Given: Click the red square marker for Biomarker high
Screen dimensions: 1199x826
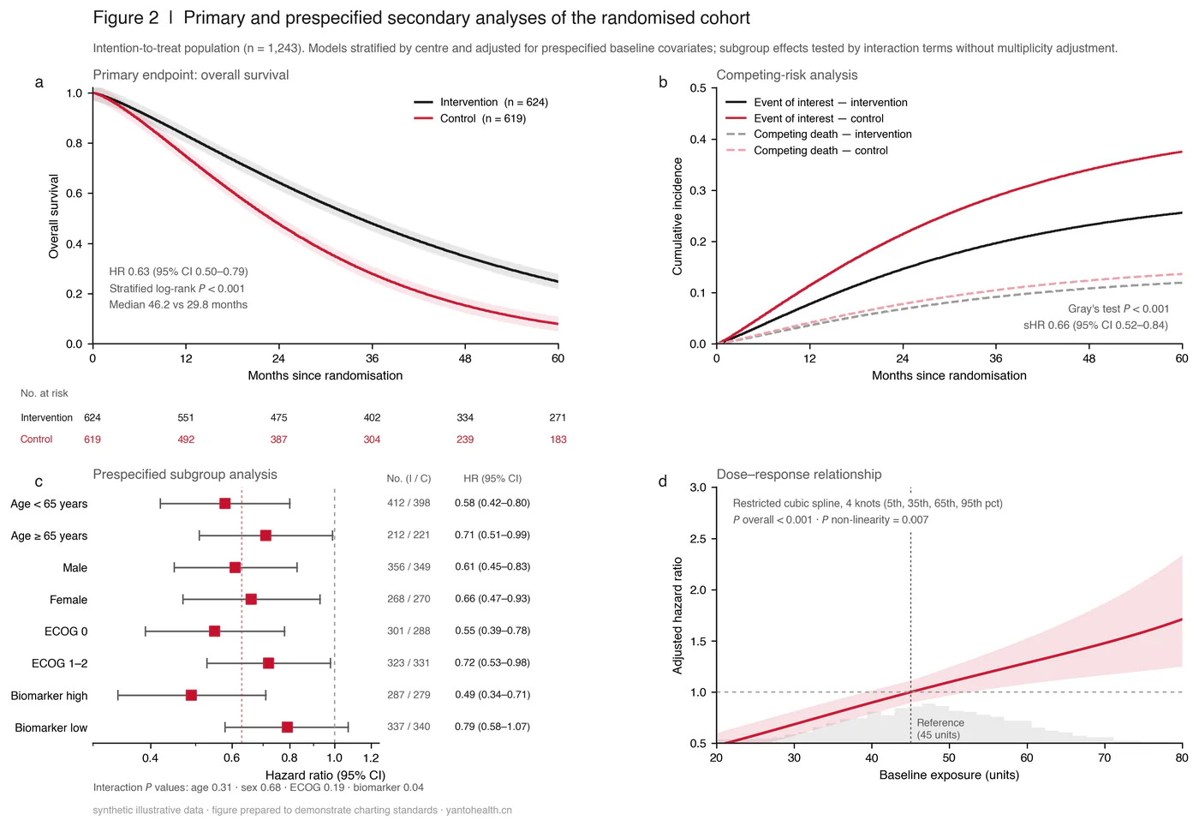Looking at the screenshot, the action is pos(191,695).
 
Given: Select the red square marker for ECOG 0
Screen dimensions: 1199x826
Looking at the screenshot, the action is pos(215,631).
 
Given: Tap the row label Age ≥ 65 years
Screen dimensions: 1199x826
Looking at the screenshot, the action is pos(49,536).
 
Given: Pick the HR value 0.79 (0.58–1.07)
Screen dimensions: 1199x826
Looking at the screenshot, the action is pos(492,727).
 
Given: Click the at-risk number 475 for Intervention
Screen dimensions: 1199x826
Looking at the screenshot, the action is pos(278,417).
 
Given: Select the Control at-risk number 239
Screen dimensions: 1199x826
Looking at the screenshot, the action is pos(465,440).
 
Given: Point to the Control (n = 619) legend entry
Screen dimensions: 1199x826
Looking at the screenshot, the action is pos(470,118).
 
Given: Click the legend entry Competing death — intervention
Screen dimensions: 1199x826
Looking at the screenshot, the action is pos(819,135).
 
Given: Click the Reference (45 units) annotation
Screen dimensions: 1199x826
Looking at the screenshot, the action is pos(940,728).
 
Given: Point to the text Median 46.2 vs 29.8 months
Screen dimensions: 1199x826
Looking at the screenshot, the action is pos(178,305).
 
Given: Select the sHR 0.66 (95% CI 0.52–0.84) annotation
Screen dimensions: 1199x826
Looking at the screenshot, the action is pos(1095,325).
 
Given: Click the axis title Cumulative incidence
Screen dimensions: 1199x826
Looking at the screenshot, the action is pos(677,217).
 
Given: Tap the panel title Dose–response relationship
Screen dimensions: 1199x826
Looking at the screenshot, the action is pos(798,475).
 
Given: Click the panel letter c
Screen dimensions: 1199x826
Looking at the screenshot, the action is pos(39,482).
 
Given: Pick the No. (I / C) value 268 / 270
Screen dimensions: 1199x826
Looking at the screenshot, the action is pos(409,599).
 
